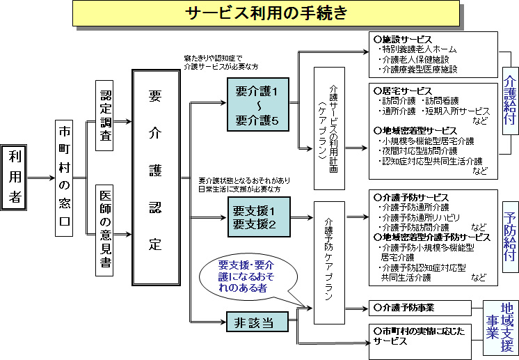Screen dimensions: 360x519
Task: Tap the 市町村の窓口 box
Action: click(65, 178)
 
